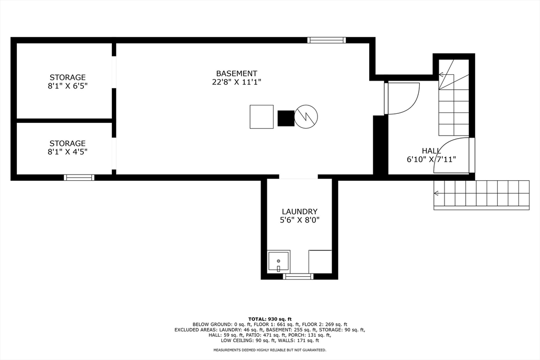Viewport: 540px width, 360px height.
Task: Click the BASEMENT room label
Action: (x=236, y=73)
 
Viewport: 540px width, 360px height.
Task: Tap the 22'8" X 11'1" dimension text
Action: (x=236, y=82)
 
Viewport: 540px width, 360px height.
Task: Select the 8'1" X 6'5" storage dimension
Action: (x=67, y=86)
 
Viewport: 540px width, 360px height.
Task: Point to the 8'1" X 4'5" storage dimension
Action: (x=67, y=152)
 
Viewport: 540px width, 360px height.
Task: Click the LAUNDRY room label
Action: (x=300, y=211)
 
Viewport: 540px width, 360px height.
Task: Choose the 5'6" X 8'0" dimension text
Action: (x=300, y=220)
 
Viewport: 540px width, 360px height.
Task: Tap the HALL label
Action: (x=431, y=151)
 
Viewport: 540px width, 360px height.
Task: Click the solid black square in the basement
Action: (x=286, y=118)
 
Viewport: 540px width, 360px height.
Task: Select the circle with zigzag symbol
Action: (x=306, y=116)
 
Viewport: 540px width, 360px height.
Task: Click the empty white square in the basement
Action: (x=262, y=116)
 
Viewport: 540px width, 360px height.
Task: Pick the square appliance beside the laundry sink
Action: (x=320, y=262)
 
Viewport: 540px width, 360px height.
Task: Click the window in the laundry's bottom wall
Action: (x=298, y=276)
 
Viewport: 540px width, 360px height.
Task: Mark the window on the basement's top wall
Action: (x=326, y=40)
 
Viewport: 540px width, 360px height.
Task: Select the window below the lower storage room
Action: (x=79, y=177)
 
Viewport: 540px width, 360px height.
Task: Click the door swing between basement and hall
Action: (x=403, y=98)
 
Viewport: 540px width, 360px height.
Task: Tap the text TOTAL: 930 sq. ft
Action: (x=269, y=319)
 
